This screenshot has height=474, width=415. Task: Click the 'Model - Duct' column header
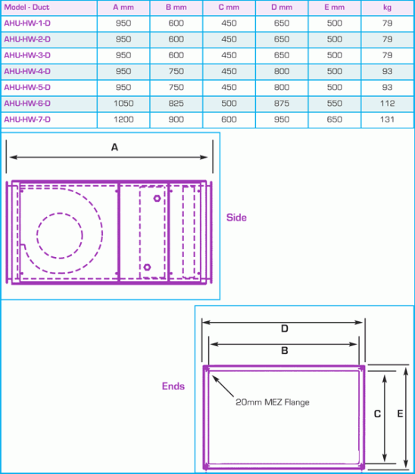[27, 8]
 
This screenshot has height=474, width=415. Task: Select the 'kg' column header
[387, 8]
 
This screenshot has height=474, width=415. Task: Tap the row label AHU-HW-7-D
[27, 119]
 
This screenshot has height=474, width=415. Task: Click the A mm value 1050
[123, 104]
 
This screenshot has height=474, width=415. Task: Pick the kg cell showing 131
[387, 119]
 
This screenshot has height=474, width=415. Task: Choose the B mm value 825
[176, 104]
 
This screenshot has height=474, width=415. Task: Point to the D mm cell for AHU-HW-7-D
[282, 119]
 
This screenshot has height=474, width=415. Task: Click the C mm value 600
[229, 119]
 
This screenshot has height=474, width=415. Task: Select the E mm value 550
[335, 104]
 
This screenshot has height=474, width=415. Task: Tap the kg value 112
[387, 104]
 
